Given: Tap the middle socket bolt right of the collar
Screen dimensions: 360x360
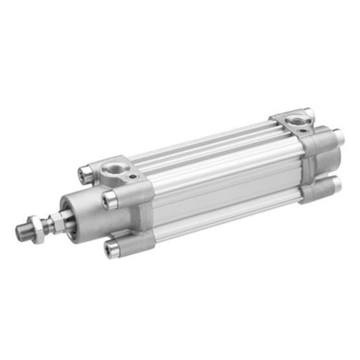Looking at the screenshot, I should tap(110, 201).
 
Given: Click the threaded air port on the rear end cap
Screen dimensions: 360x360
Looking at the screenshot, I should tap(297, 115).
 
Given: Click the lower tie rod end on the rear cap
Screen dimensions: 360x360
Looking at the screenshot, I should tap(332, 185).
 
